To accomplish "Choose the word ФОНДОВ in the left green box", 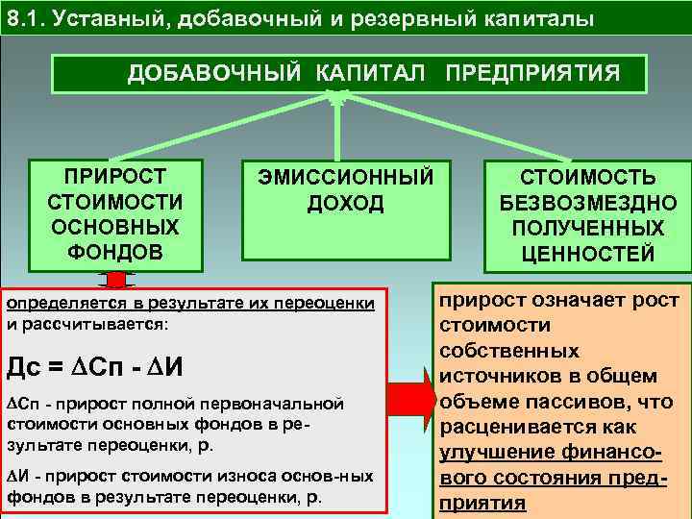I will click(114, 252).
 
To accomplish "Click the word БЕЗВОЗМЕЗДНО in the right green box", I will click(588, 203).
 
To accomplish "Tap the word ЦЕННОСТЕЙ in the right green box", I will click(588, 254).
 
